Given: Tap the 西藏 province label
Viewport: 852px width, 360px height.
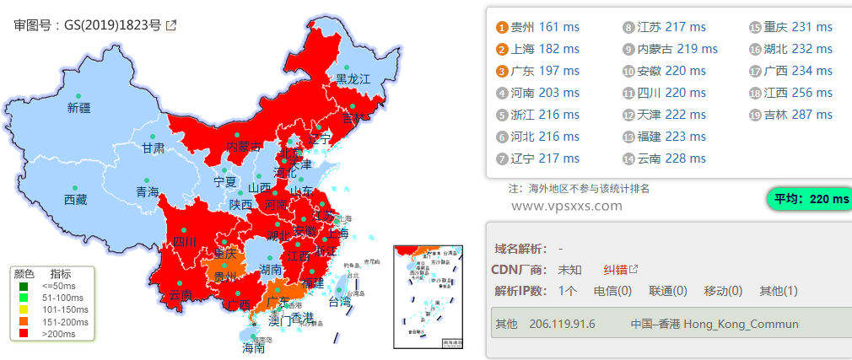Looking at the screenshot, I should [x=75, y=200].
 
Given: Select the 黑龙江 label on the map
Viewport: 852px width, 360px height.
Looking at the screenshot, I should [x=353, y=78].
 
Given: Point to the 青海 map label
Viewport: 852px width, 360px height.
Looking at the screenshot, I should [x=148, y=192].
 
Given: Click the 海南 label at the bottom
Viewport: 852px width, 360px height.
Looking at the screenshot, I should [x=254, y=347].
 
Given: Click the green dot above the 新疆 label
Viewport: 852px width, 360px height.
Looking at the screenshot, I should [x=78, y=96].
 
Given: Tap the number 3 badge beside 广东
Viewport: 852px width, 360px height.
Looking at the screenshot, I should [x=502, y=71].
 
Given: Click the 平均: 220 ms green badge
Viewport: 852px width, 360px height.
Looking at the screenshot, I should [x=811, y=199].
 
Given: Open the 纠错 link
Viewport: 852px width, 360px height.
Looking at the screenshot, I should [x=616, y=270].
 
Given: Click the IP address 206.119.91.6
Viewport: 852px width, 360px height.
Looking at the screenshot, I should [x=562, y=324].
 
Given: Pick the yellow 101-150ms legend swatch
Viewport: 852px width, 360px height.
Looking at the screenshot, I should [x=22, y=309].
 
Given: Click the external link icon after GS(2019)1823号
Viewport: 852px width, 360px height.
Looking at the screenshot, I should [x=171, y=25].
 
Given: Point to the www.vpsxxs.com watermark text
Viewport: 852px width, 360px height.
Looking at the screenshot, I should [x=560, y=205].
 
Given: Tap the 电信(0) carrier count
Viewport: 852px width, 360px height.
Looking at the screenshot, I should [x=612, y=291].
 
